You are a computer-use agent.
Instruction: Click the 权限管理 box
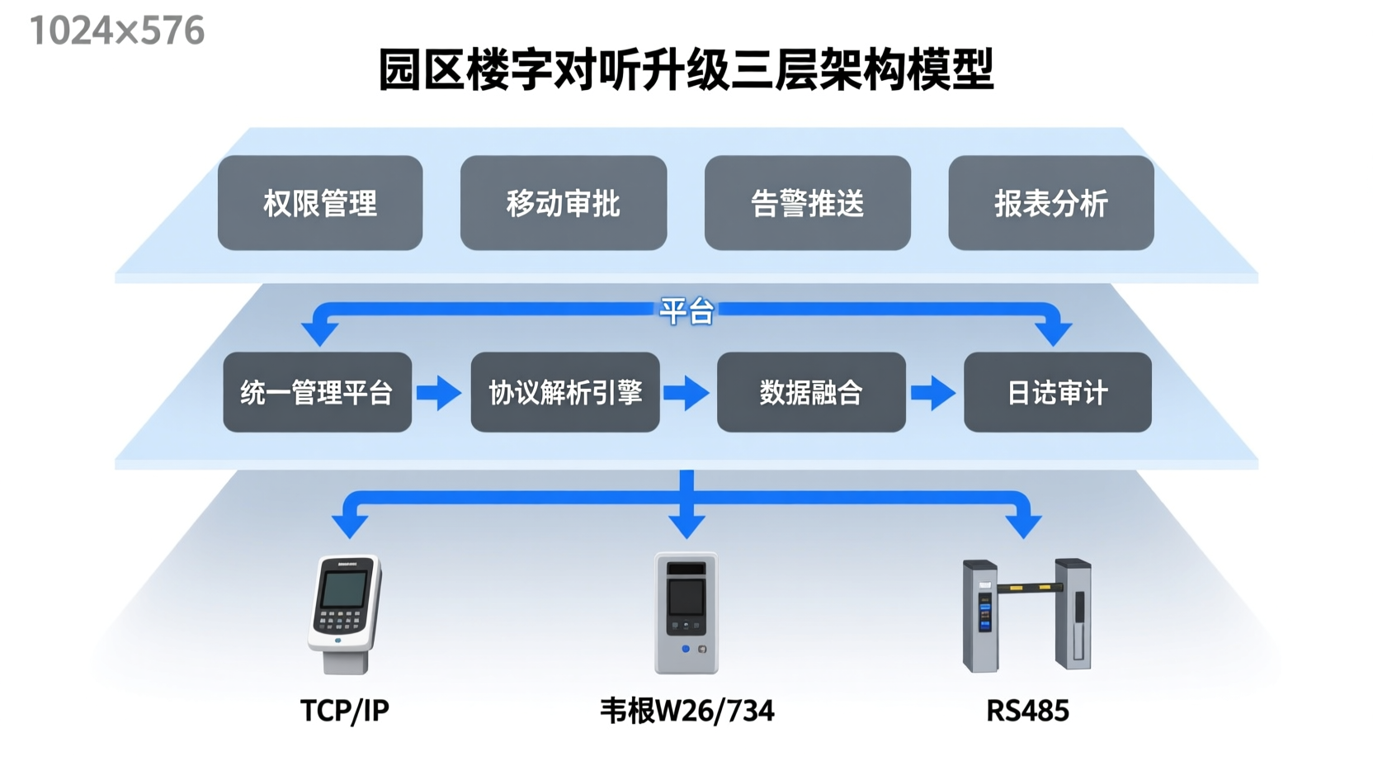click(320, 203)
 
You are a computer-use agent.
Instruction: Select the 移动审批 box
click(564, 203)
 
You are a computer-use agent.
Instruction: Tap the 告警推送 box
click(807, 203)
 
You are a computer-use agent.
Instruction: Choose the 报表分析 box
click(1050, 203)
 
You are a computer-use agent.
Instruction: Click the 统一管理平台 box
click(317, 392)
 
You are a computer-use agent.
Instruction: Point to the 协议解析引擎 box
click(565, 392)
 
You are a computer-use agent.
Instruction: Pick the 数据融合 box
click(811, 392)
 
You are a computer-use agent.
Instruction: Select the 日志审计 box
click(1057, 392)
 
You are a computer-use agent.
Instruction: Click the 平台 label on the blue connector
click(686, 311)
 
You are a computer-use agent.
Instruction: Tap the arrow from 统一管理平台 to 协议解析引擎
click(440, 393)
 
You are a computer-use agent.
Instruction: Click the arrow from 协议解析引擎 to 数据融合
click(686, 393)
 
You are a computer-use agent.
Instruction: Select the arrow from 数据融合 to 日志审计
click(933, 393)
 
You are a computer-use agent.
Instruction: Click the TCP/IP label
click(344, 711)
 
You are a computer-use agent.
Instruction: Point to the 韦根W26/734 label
click(686, 711)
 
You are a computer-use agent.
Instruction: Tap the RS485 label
click(1027, 711)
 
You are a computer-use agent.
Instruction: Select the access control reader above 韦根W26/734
click(686, 613)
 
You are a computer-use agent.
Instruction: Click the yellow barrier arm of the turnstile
click(1028, 588)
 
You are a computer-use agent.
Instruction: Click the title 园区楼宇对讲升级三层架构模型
click(686, 69)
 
